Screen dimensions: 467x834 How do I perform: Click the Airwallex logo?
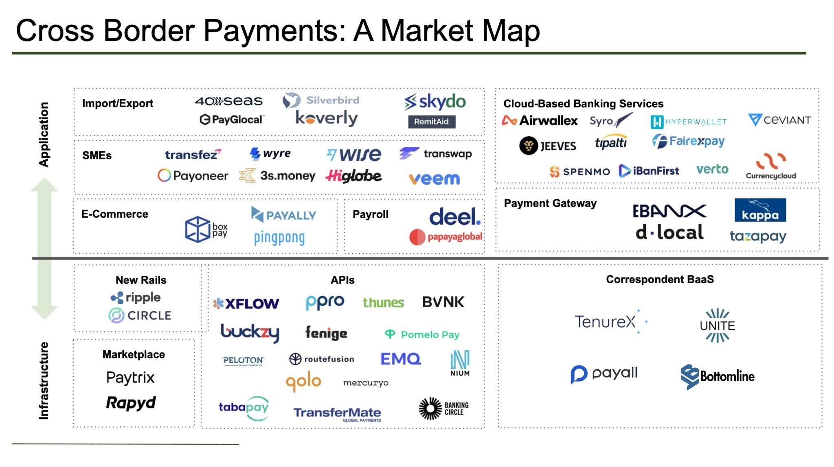[540, 120]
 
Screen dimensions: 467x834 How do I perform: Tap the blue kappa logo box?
[760, 210]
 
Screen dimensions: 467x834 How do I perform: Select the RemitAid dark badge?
[431, 122]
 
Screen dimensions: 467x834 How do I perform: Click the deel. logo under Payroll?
[455, 216]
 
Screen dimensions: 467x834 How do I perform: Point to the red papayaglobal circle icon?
[417, 237]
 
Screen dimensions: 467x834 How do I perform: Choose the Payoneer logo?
[193, 176]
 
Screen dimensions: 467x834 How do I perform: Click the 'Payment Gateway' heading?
[550, 203]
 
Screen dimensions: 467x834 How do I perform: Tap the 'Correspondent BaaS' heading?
[660, 279]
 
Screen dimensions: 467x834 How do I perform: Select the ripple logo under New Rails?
[136, 297]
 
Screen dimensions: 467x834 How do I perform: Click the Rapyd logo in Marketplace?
[131, 403]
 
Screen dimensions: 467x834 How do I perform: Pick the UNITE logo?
[717, 325]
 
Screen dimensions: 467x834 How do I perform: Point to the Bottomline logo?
[717, 376]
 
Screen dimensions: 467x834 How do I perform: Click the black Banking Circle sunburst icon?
[430, 408]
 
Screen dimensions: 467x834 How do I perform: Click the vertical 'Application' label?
[44, 134]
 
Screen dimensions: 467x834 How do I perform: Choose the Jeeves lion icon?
[529, 146]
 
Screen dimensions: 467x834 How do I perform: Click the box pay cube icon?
[198, 229]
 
